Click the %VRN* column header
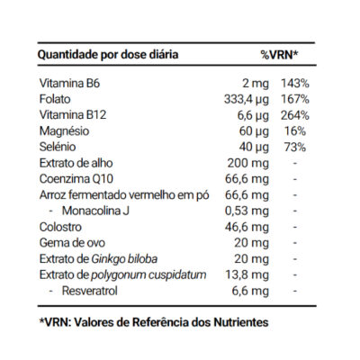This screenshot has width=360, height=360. [279, 55]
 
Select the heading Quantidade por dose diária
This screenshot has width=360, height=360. [108, 55]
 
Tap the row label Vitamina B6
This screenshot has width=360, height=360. [69, 83]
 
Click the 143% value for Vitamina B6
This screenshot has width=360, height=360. [295, 83]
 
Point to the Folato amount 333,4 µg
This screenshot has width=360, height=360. [247, 100]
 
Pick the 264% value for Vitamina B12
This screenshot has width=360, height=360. [295, 115]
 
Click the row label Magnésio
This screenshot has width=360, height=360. [64, 131]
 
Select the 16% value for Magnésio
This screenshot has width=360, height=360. [295, 131]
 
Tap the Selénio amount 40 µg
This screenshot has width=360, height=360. [254, 148]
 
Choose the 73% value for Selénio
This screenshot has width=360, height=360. [295, 147]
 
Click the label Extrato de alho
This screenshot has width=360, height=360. [76, 163]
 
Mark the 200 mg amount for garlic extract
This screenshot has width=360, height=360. [248, 164]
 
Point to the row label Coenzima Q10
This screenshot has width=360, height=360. [76, 179]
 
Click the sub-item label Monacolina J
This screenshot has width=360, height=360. [95, 211]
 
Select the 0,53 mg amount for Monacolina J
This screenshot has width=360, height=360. [247, 211]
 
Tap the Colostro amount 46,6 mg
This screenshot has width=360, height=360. [247, 227]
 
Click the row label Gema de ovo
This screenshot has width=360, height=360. [72, 243]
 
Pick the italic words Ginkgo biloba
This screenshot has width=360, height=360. [124, 259]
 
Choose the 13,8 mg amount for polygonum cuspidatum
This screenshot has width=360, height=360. [247, 274]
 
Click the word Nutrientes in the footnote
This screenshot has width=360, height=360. [241, 322]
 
